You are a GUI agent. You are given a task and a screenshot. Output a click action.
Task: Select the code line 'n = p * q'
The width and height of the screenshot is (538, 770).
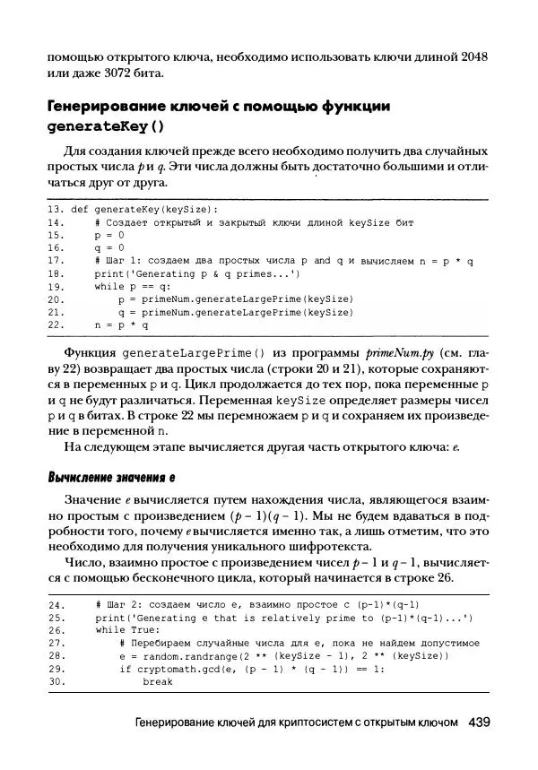[x=118, y=325]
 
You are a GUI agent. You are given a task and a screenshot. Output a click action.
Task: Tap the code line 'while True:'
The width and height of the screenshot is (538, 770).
[x=127, y=629]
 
